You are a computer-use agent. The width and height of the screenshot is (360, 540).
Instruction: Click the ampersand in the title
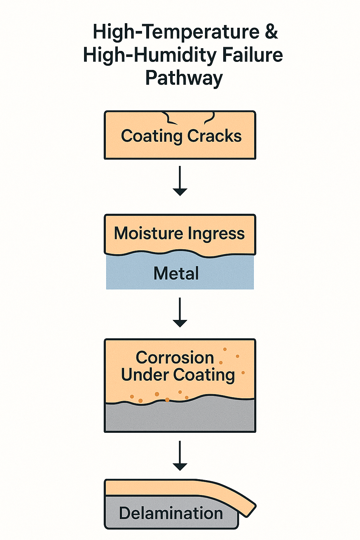click(x=271, y=32)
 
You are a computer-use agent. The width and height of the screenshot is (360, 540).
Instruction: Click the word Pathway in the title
click(x=184, y=78)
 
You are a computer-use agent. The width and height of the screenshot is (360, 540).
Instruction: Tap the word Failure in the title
click(x=252, y=55)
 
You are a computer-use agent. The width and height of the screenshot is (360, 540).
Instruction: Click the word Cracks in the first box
click(x=214, y=136)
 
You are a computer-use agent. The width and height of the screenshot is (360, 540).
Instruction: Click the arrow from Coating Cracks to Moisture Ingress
click(x=180, y=181)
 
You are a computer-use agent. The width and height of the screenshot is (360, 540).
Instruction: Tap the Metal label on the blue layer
click(x=176, y=274)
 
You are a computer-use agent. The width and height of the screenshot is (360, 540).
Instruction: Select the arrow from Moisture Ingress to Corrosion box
click(x=180, y=312)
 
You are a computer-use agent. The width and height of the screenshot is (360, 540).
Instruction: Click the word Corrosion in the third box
click(x=175, y=358)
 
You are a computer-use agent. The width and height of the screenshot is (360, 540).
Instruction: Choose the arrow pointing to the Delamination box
click(x=180, y=456)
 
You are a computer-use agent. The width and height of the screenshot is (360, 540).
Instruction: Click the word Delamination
click(x=171, y=513)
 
